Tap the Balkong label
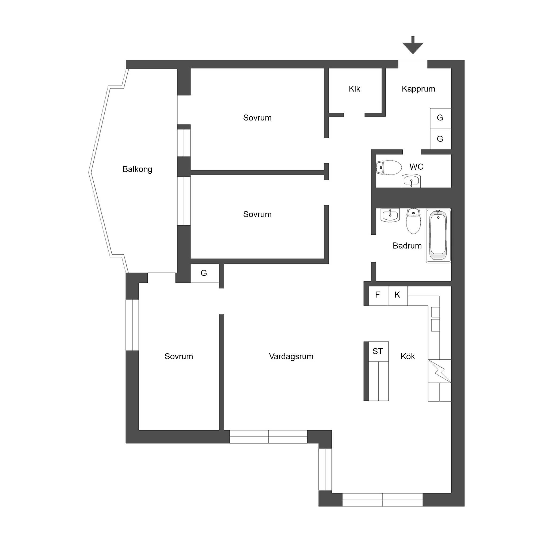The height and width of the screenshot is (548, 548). coord(137,169)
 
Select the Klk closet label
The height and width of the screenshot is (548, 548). coord(354,89)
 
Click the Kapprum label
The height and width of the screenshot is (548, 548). coord(418,89)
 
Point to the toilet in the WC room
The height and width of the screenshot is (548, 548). coord(389,168)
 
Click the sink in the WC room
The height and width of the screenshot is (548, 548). coord(411,181)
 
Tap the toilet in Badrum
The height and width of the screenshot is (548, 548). coord(413,221)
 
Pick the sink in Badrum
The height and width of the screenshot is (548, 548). coord(390,215)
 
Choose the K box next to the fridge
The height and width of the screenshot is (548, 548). coord(398,296)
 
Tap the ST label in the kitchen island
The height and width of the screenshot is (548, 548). coord(378,351)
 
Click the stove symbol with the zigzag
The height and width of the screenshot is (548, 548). coord(439,371)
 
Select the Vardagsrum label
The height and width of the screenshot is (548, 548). coord(291,356)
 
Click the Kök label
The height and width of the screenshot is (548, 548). coord(408,356)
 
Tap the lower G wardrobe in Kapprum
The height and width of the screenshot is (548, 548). coord(440,139)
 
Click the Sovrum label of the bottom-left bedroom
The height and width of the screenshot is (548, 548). coord(179,356)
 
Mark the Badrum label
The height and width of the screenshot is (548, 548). coord(407,246)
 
